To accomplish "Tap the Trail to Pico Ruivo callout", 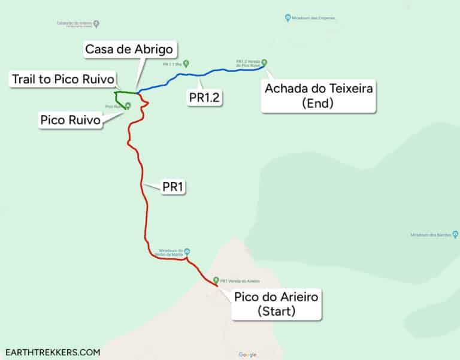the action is (x=63, y=80).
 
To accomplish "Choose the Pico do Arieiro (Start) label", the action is (x=276, y=304).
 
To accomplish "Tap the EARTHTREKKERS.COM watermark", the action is (x=53, y=352).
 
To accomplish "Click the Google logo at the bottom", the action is (x=247, y=355).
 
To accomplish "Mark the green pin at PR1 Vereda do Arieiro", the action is (x=216, y=280).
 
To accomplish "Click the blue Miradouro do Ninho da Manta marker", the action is (x=187, y=252).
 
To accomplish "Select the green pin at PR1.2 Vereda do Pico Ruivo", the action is (x=264, y=62).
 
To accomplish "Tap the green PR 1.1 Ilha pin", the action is (x=186, y=62).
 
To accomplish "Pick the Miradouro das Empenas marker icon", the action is (x=288, y=18).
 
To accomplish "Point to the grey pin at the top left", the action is (x=96, y=24).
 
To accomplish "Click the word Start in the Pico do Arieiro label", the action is (x=276, y=311).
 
